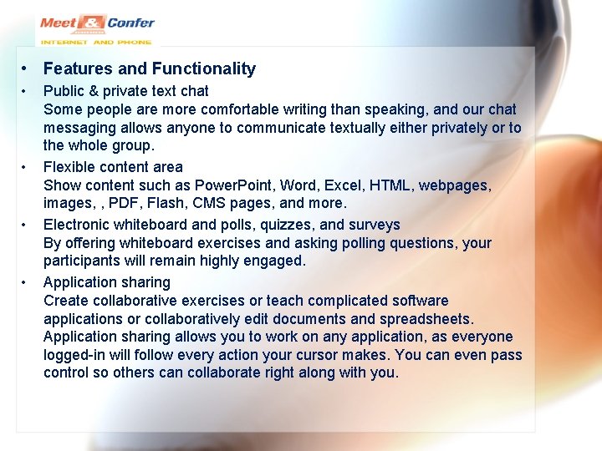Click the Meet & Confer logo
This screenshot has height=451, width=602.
pos(96,24)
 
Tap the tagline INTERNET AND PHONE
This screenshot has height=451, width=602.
pos(96,42)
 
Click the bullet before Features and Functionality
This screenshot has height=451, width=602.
pos(27,69)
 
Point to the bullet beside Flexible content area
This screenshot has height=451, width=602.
pos(27,167)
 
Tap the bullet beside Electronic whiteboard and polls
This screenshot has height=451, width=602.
pos(27,225)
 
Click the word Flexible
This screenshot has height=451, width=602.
pos(70,167)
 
